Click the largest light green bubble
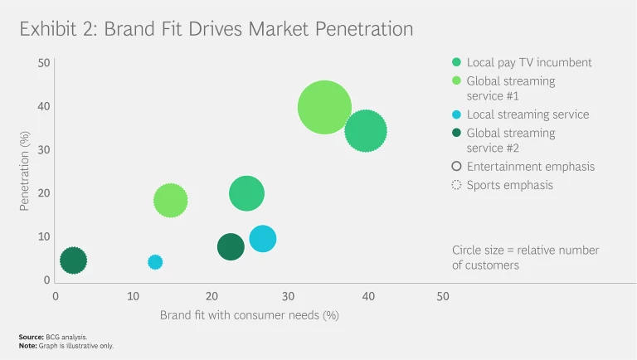tap(325, 107)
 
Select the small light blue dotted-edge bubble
tap(155, 262)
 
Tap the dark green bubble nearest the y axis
tap(73, 260)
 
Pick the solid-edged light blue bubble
tap(262, 239)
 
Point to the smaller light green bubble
tap(170, 200)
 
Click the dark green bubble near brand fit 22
tap(231, 246)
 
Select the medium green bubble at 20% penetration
tap(246, 194)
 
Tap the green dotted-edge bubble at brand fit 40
tap(366, 131)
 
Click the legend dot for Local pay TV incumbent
tap(456, 63)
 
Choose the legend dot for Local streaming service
tap(456, 115)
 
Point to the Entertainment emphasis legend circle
tap(456, 167)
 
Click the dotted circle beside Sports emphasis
tap(456, 185)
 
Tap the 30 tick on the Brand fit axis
tap(288, 296)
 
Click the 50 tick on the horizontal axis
tap(443, 296)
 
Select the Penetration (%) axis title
tap(25, 170)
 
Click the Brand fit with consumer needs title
tap(250, 315)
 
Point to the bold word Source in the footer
tap(31, 337)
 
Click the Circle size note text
tap(525, 257)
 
